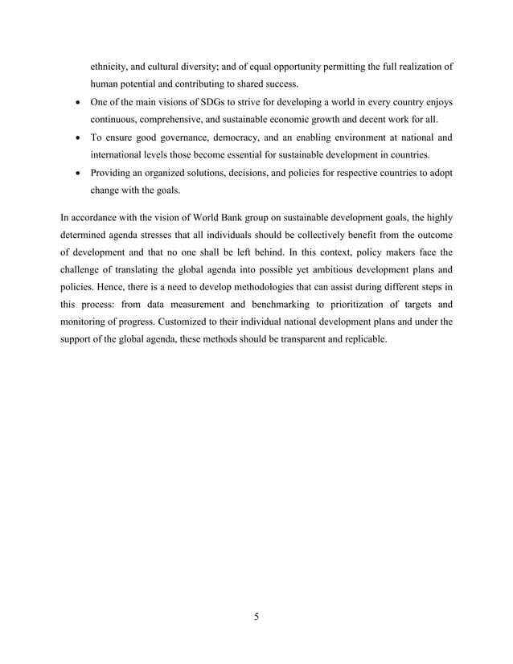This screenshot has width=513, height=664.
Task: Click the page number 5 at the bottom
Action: point(256,617)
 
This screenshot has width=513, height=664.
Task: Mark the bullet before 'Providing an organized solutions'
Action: point(75,172)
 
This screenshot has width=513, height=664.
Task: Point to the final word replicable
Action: point(361,339)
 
